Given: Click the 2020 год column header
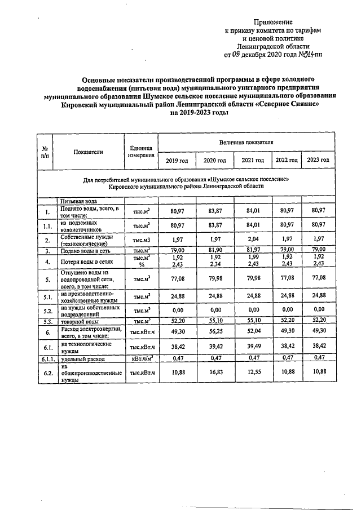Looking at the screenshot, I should click(x=214, y=160).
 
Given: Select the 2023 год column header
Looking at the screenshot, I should click(x=318, y=160).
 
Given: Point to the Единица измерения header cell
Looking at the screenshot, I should click(x=141, y=151).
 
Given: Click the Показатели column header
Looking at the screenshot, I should click(x=88, y=151).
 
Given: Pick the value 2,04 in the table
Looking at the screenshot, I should click(x=253, y=240).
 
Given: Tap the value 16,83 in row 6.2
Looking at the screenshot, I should click(x=214, y=372).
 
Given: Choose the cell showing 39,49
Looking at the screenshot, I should click(x=253, y=347).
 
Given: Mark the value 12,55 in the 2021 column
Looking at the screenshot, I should click(x=253, y=372).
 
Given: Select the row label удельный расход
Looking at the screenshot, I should click(x=78, y=358).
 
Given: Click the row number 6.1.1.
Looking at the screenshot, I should click(x=46, y=358).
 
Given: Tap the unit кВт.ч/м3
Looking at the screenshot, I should click(x=141, y=358).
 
